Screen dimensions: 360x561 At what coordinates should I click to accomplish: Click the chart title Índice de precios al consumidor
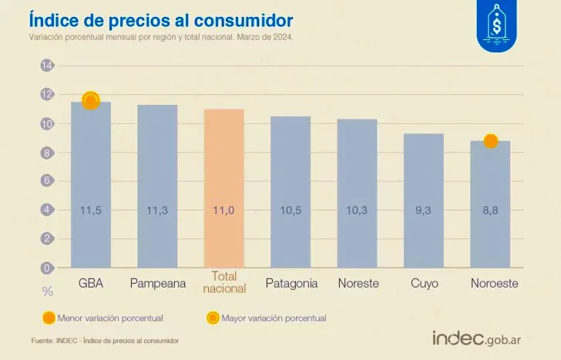(x=160, y=19)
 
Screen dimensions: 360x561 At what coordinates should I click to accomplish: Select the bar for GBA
(x=91, y=185)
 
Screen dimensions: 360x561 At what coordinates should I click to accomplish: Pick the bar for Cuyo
(x=423, y=200)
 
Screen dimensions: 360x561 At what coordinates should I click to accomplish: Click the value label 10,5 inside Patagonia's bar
(x=291, y=210)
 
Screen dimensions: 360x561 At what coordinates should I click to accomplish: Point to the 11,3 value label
(x=157, y=210)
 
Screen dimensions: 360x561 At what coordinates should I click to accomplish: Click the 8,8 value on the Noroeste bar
(x=490, y=210)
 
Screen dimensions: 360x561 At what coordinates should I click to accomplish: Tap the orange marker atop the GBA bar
(x=91, y=101)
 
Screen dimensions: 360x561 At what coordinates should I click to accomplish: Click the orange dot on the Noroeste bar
(x=490, y=141)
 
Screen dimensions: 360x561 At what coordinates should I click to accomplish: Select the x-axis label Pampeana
(x=157, y=284)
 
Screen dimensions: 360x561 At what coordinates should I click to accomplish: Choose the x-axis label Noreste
(x=358, y=284)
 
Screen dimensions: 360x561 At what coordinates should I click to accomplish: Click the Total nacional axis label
(x=223, y=282)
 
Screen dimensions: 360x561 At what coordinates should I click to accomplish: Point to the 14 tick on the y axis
(x=47, y=66)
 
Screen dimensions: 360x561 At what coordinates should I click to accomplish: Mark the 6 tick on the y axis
(x=47, y=180)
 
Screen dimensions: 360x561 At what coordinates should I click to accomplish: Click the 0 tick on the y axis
(x=47, y=267)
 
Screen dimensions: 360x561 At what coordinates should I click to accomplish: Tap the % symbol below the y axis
(x=47, y=291)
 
